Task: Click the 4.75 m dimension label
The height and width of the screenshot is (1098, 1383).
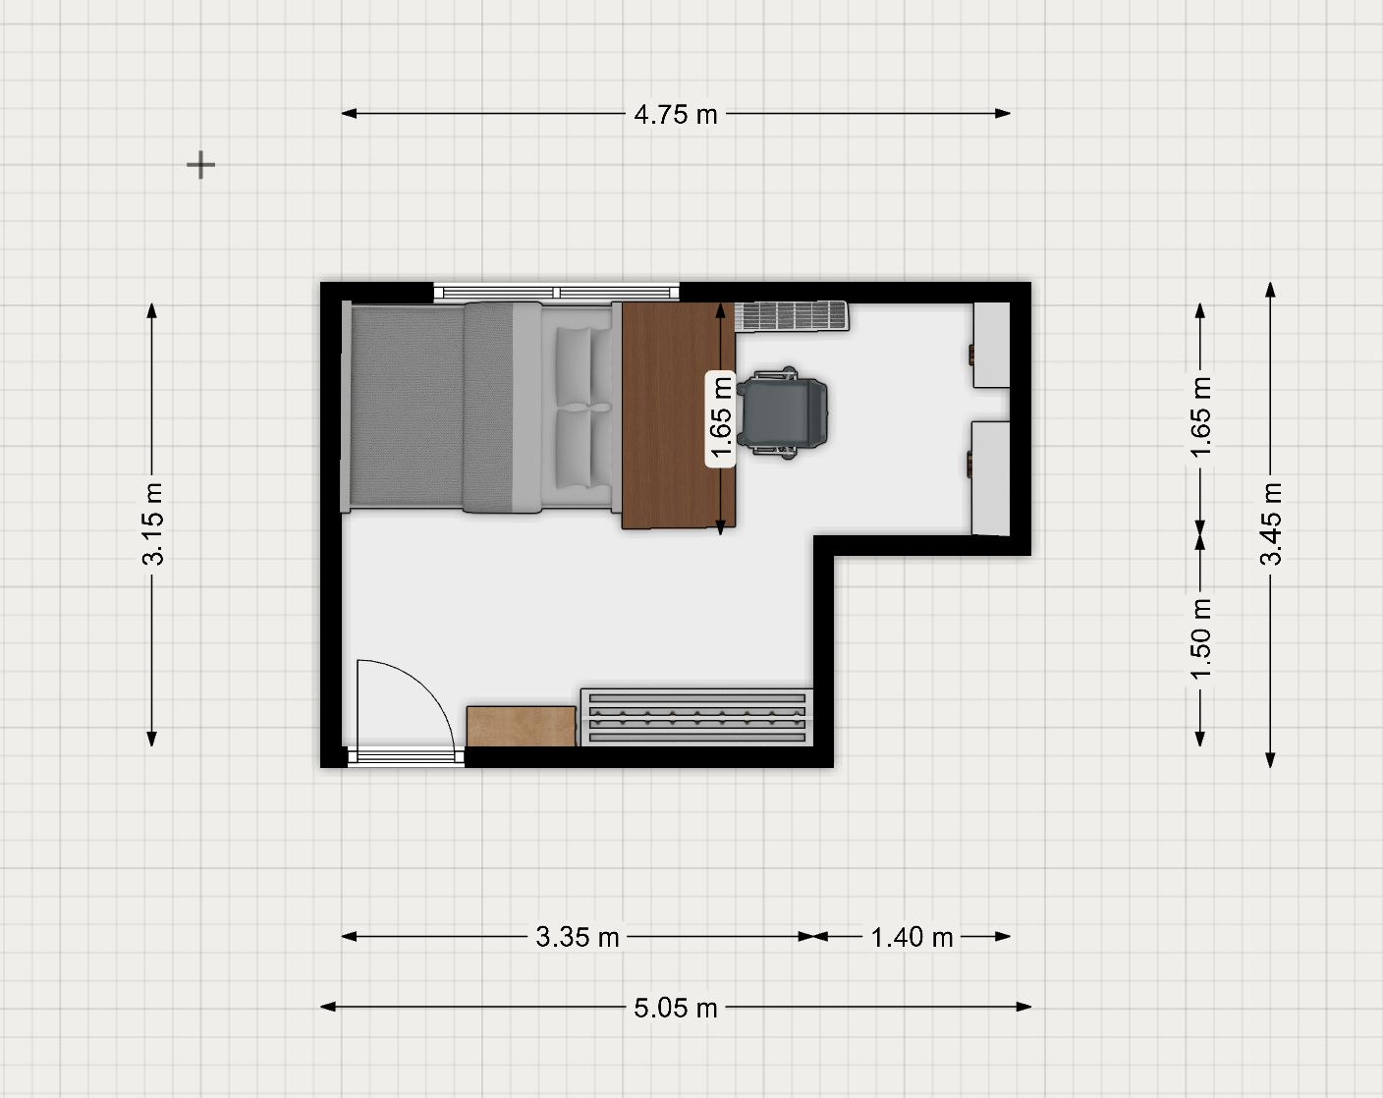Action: [676, 114]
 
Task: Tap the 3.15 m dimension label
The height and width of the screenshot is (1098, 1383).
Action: [153, 523]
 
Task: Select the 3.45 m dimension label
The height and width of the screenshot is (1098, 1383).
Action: [1271, 523]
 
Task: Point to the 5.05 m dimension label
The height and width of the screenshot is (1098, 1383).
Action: [676, 1008]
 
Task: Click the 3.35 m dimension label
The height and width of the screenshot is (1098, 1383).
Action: [578, 937]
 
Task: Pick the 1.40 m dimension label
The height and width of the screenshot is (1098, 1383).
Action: [912, 937]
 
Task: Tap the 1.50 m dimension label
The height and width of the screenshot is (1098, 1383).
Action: [1200, 638]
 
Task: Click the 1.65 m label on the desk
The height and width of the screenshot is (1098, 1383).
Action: [721, 417]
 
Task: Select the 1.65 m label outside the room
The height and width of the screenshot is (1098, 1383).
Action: [1200, 417]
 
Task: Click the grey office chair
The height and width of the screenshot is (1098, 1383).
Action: [782, 413]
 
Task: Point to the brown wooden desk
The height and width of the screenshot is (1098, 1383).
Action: [679, 415]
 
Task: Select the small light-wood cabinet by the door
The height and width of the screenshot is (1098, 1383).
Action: [522, 727]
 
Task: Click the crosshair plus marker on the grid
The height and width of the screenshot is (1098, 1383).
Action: [201, 165]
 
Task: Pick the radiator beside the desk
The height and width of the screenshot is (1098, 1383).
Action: [792, 316]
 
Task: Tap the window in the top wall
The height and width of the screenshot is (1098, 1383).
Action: [557, 293]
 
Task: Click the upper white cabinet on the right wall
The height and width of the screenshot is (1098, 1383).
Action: [992, 345]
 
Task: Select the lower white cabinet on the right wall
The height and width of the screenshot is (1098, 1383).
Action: [990, 478]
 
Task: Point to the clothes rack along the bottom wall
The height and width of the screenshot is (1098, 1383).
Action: [697, 718]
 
